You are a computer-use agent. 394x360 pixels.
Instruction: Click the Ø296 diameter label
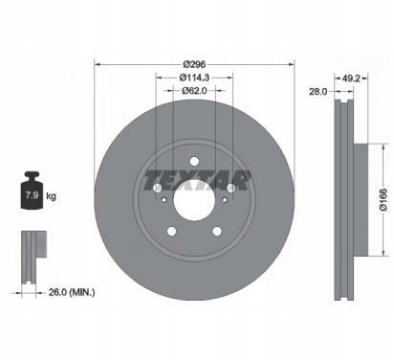[x=194, y=64]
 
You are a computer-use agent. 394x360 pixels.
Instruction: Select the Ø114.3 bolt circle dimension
[x=194, y=78]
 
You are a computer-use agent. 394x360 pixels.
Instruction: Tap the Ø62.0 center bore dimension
[x=194, y=91]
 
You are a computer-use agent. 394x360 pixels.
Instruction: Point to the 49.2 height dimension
[x=351, y=78]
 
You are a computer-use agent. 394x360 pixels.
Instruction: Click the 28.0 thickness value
[x=317, y=92]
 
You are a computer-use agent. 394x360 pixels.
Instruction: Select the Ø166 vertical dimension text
[x=383, y=199]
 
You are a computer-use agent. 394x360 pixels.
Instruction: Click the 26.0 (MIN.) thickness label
[x=72, y=292]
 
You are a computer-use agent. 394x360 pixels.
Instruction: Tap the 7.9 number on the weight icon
[x=32, y=195]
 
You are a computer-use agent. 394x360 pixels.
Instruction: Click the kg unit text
[x=51, y=196]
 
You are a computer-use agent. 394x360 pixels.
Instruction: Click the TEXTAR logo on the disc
[x=197, y=181]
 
